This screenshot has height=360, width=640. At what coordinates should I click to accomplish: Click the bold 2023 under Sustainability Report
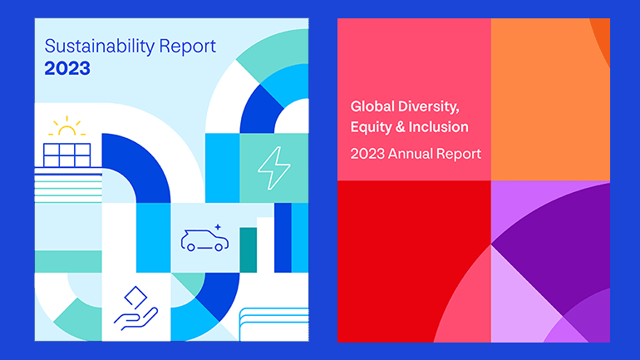(67, 68)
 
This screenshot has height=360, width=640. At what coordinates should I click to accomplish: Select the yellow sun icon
(67, 126)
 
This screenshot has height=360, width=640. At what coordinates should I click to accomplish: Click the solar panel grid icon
(67, 155)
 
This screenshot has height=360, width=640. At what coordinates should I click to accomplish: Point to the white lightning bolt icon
(274, 168)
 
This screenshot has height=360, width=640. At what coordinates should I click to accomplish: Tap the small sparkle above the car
(218, 227)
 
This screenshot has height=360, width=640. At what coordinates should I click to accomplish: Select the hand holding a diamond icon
(136, 308)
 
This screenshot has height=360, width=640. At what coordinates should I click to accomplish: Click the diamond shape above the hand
(135, 297)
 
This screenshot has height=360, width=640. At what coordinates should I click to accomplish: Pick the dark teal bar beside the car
(249, 249)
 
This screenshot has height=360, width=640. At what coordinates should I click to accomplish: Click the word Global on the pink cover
(372, 106)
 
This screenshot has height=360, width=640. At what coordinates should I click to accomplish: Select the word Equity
(371, 127)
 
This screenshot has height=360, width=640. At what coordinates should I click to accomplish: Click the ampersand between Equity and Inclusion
(400, 127)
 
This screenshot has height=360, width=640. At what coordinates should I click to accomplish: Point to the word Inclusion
(438, 127)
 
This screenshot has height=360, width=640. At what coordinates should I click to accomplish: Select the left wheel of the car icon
(190, 248)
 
